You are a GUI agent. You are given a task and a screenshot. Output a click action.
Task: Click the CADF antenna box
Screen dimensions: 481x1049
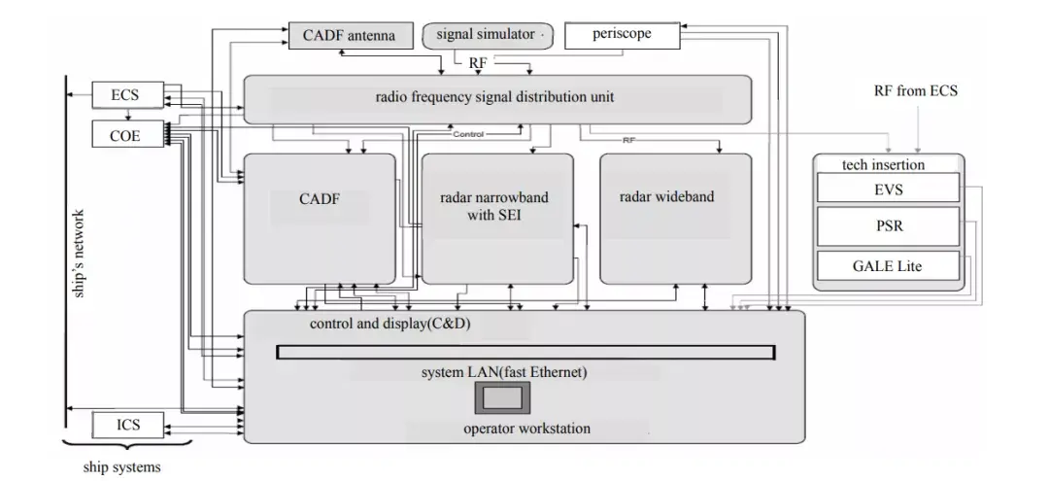click(349, 36)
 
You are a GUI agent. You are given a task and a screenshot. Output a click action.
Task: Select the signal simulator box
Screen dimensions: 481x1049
click(487, 35)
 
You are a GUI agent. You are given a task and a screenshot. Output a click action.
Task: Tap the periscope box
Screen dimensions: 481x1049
click(621, 34)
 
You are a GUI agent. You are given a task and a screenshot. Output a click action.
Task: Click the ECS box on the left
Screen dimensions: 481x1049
click(126, 95)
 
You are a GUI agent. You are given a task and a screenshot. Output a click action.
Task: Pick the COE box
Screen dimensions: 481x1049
click(125, 135)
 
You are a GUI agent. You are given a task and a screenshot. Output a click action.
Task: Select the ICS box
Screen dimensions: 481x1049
click(127, 425)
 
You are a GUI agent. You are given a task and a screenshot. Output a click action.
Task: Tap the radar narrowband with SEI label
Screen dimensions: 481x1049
click(494, 206)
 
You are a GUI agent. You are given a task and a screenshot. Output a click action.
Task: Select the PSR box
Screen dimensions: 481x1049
click(888, 227)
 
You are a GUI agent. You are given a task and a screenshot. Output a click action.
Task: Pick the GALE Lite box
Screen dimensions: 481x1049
click(888, 265)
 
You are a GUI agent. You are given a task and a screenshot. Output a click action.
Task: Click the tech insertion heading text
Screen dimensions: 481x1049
click(869, 164)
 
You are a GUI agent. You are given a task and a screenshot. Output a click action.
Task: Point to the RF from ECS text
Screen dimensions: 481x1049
click(916, 91)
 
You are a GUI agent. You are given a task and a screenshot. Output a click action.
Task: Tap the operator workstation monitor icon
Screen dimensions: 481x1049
click(503, 397)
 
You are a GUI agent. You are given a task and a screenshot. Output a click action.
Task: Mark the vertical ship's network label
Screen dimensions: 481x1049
click(81, 254)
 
